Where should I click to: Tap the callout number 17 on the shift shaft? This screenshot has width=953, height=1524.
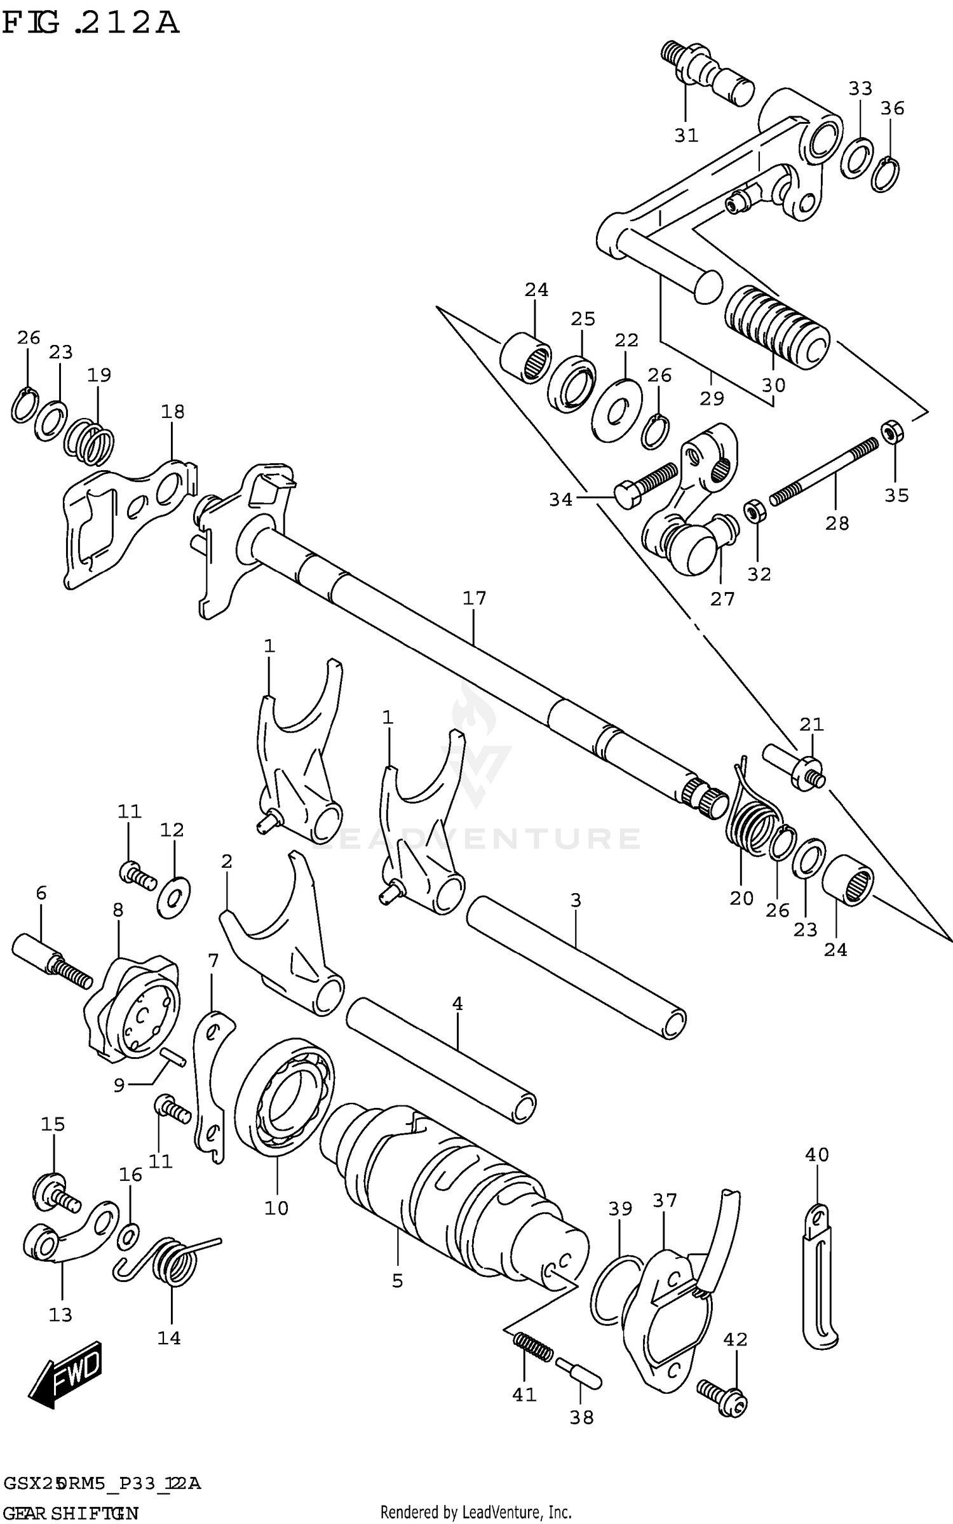474,598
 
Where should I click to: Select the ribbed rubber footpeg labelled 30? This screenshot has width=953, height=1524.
776,327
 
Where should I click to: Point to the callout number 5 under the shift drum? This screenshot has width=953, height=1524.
397,1281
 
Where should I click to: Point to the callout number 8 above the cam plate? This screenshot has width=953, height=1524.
118,910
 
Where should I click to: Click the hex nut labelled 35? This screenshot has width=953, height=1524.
892,431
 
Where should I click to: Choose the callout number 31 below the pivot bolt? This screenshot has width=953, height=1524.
686,135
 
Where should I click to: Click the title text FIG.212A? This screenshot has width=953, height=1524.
90,24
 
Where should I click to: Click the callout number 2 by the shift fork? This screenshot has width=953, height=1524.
227,861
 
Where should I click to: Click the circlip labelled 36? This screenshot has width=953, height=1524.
885,173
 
